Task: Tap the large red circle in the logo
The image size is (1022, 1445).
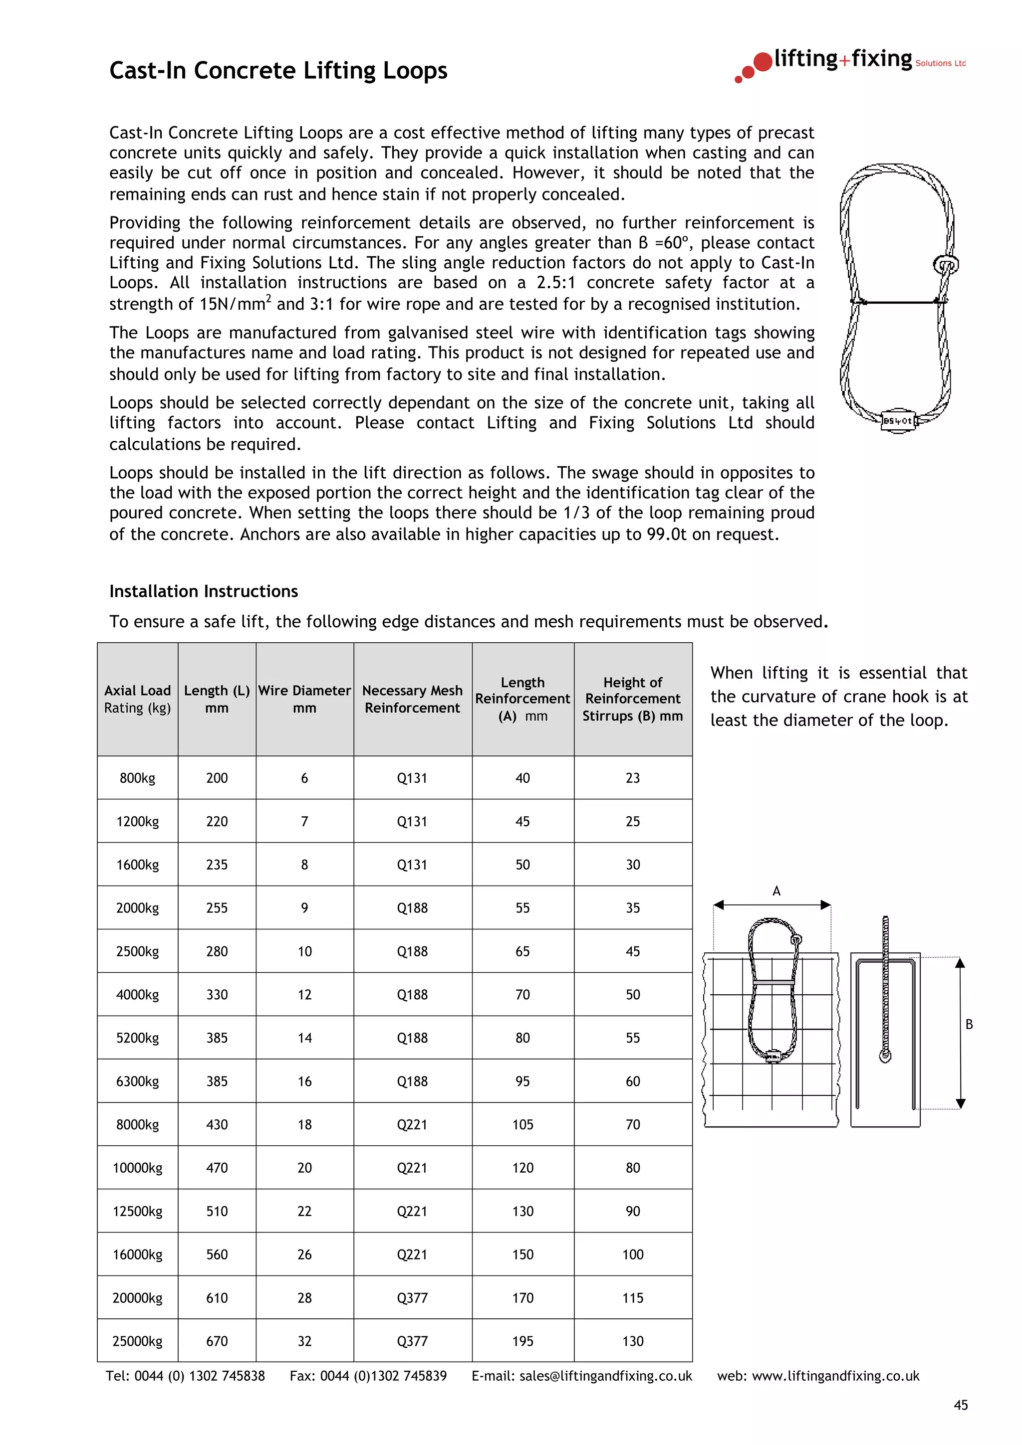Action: click(x=763, y=62)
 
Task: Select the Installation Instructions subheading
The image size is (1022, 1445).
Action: click(x=204, y=591)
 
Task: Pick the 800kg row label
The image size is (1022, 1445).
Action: click(x=137, y=778)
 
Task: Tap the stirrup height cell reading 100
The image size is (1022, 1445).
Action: click(x=632, y=1255)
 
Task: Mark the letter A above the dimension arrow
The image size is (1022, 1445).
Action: click(x=776, y=891)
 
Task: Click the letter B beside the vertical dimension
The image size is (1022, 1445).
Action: click(x=969, y=1025)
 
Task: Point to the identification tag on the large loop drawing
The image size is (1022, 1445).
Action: click(x=897, y=420)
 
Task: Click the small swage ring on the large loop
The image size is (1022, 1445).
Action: click(x=945, y=264)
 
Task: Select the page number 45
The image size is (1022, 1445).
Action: click(x=960, y=1405)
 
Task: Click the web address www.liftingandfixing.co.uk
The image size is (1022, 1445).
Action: click(x=835, y=1376)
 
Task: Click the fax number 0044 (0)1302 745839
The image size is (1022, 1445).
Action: click(x=383, y=1376)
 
